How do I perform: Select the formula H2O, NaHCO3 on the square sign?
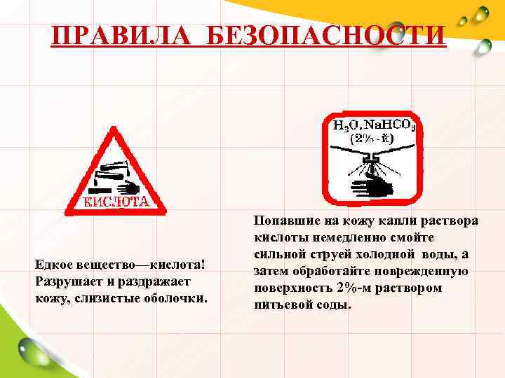pyautogui.click(x=374, y=125)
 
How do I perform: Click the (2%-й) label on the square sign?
pyautogui.click(x=374, y=139)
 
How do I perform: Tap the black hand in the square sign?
pyautogui.click(x=371, y=186)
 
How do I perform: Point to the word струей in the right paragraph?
pyautogui.click(x=329, y=255)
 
